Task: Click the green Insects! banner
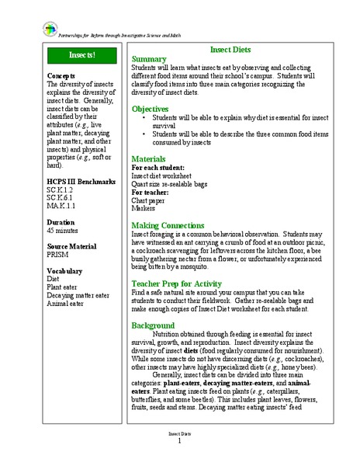point(81,55)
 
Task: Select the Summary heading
point(150,59)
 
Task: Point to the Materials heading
point(152,158)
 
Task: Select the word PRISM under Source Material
point(59,255)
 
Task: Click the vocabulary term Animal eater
point(69,304)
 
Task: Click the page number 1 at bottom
point(179,440)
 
